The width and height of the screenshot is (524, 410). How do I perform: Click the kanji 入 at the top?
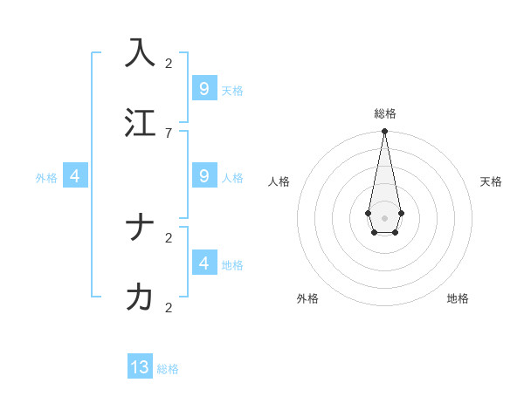pyautogui.click(x=140, y=52)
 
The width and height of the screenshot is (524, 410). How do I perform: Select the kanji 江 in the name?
pyautogui.click(x=140, y=123)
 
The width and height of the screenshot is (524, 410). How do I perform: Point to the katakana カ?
pyautogui.click(x=140, y=297)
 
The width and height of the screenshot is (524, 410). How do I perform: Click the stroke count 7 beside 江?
pyautogui.click(x=168, y=133)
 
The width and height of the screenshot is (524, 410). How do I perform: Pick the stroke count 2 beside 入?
pyautogui.click(x=168, y=63)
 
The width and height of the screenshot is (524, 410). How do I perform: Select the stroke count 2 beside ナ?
pyautogui.click(x=168, y=237)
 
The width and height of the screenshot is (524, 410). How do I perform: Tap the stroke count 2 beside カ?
pyautogui.click(x=168, y=307)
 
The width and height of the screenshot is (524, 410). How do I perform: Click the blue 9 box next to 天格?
pyautogui.click(x=203, y=88)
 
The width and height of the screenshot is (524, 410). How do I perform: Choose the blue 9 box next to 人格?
pyautogui.click(x=203, y=176)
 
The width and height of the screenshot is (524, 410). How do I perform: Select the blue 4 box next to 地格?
pyautogui.click(x=203, y=263)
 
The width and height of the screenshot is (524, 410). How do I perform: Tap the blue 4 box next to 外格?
pyautogui.click(x=75, y=176)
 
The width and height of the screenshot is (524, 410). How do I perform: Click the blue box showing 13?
pyautogui.click(x=140, y=367)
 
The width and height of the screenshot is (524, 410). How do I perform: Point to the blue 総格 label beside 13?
pyautogui.click(x=168, y=369)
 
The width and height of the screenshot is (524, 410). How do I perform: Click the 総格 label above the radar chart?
pyautogui.click(x=384, y=113)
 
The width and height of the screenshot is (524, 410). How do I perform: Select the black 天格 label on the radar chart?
pyautogui.click(x=491, y=181)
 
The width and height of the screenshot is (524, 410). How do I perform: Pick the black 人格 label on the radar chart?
pyautogui.click(x=279, y=181)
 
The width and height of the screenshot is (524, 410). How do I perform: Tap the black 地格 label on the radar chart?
pyautogui.click(x=458, y=298)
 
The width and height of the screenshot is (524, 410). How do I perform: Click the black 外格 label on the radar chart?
pyautogui.click(x=307, y=298)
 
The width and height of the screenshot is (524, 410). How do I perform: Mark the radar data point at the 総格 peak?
pyautogui.click(x=384, y=132)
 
